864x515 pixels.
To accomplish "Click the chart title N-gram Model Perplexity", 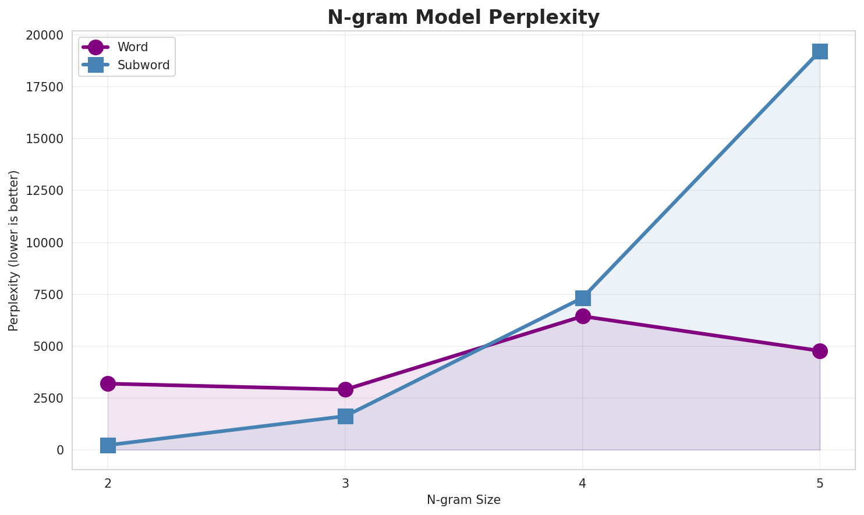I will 463,17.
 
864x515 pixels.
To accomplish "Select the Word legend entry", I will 132,47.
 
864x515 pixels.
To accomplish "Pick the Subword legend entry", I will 143,65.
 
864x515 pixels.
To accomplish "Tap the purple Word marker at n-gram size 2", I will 108,383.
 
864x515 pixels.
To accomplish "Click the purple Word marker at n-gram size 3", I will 345,389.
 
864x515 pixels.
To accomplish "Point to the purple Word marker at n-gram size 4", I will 583,316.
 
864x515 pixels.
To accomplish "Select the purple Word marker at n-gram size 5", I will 820,351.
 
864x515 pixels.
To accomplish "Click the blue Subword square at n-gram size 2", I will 108,446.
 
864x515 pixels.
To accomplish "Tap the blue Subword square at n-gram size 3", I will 345,416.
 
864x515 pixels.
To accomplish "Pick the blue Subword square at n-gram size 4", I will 583,298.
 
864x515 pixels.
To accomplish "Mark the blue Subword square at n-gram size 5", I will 820,51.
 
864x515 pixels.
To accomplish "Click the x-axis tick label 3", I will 345,483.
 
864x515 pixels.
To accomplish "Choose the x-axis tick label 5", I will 820,483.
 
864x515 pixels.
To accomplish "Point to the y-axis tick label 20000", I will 44,35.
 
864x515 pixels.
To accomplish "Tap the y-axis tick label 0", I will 61,450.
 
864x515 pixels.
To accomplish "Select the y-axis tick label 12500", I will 44,191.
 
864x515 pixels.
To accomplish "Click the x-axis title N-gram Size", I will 463,500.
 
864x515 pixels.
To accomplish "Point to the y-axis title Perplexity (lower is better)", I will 14,251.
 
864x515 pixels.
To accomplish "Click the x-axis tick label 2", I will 108,483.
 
